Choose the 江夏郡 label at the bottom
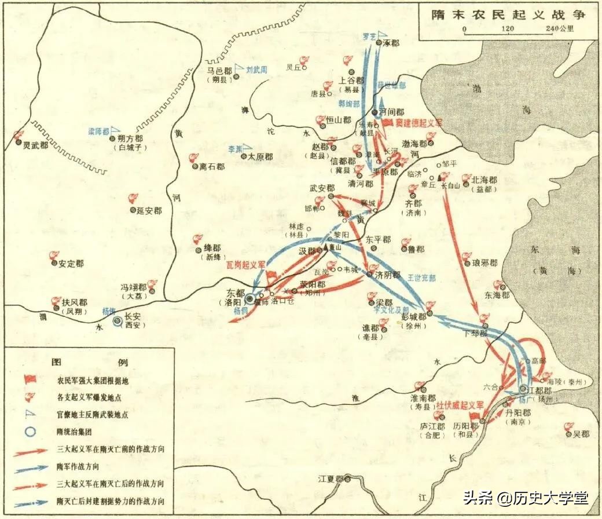click(x=331, y=479)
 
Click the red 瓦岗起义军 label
click(x=245, y=265)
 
